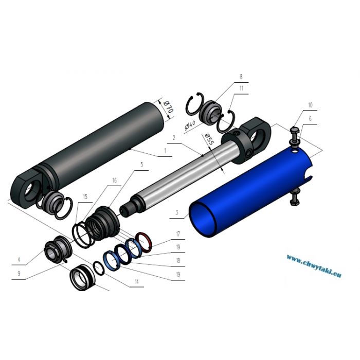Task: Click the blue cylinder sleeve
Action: point(250,193)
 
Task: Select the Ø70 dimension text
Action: point(169,107)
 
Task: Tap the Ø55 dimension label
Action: point(209,139)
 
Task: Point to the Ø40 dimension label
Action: point(190,125)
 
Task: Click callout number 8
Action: point(241,77)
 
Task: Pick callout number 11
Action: point(241,88)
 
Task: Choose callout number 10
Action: point(310,105)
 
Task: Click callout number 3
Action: point(177,212)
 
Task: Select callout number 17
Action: point(178,234)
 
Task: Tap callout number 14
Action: point(137,281)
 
